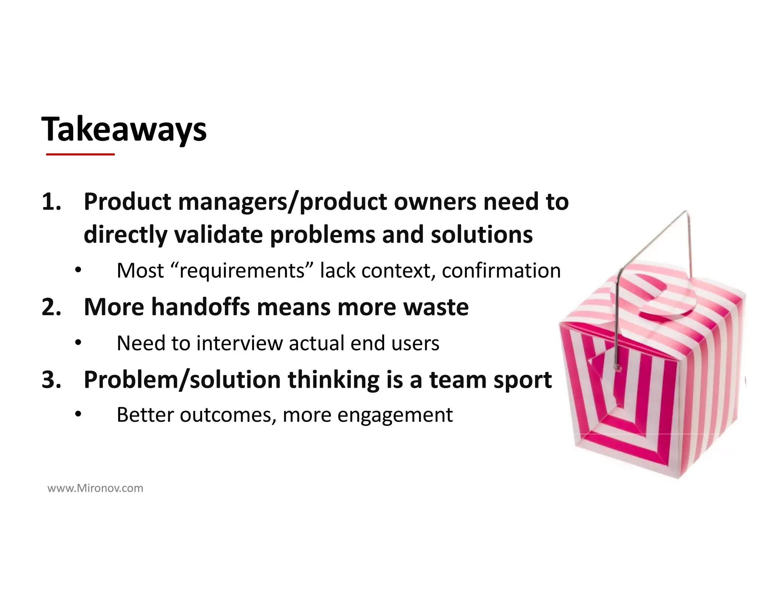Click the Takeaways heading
(x=124, y=129)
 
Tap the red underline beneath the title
(x=80, y=154)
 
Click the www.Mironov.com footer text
(x=95, y=488)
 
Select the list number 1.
(x=51, y=202)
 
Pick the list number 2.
(x=51, y=307)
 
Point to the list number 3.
(x=51, y=379)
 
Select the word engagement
(x=395, y=415)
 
